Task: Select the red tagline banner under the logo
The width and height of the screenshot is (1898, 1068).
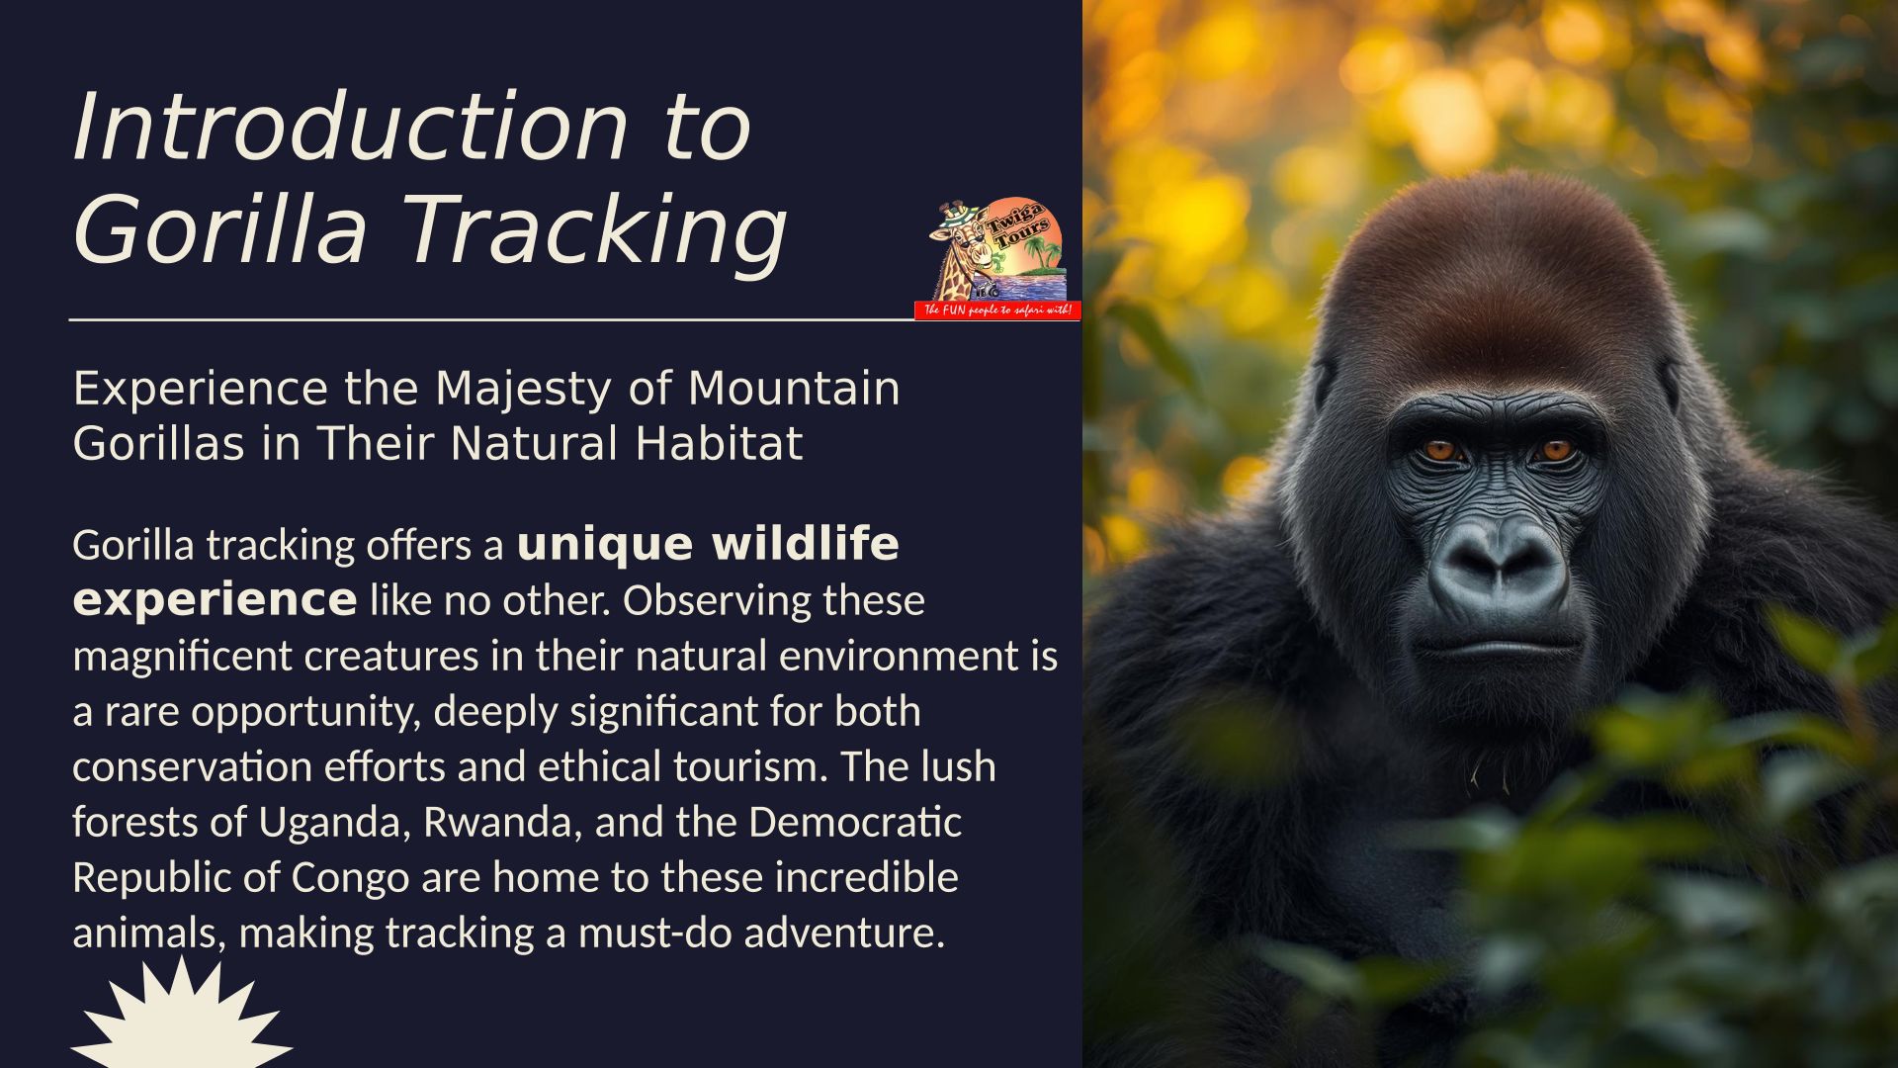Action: [997, 311]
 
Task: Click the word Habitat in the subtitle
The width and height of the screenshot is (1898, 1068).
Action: [719, 443]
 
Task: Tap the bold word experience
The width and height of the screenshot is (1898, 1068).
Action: [215, 601]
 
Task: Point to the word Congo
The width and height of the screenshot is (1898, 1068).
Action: [350, 879]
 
